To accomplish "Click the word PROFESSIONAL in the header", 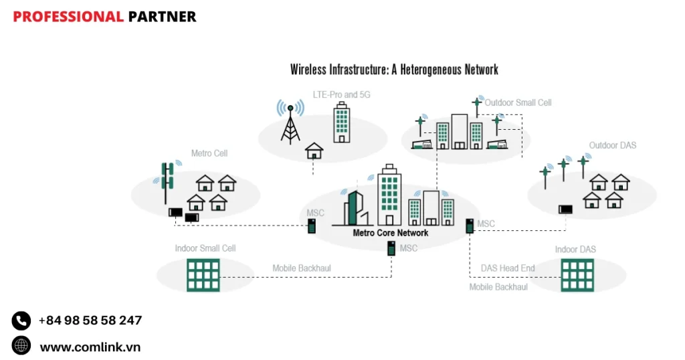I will tap(68, 17).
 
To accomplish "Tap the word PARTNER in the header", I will tap(162, 17).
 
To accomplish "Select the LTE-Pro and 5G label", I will tap(341, 95).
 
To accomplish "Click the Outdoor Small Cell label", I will tap(518, 103).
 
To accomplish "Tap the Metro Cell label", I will tap(209, 153).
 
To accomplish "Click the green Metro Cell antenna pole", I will tap(167, 182).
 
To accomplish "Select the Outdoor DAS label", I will tap(612, 145).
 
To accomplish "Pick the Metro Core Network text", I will tap(391, 233).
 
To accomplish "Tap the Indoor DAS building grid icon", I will tap(577, 274).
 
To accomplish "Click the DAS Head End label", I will tap(508, 268).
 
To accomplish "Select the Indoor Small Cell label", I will tap(205, 248).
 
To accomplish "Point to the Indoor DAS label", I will tap(575, 250).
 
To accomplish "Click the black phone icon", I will tap(21, 321).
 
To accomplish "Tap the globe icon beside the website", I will tap(21, 345).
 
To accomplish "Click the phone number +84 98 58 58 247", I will tap(90, 321).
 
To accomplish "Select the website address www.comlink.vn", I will tap(90, 347).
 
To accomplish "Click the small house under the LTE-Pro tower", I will tap(314, 151).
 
